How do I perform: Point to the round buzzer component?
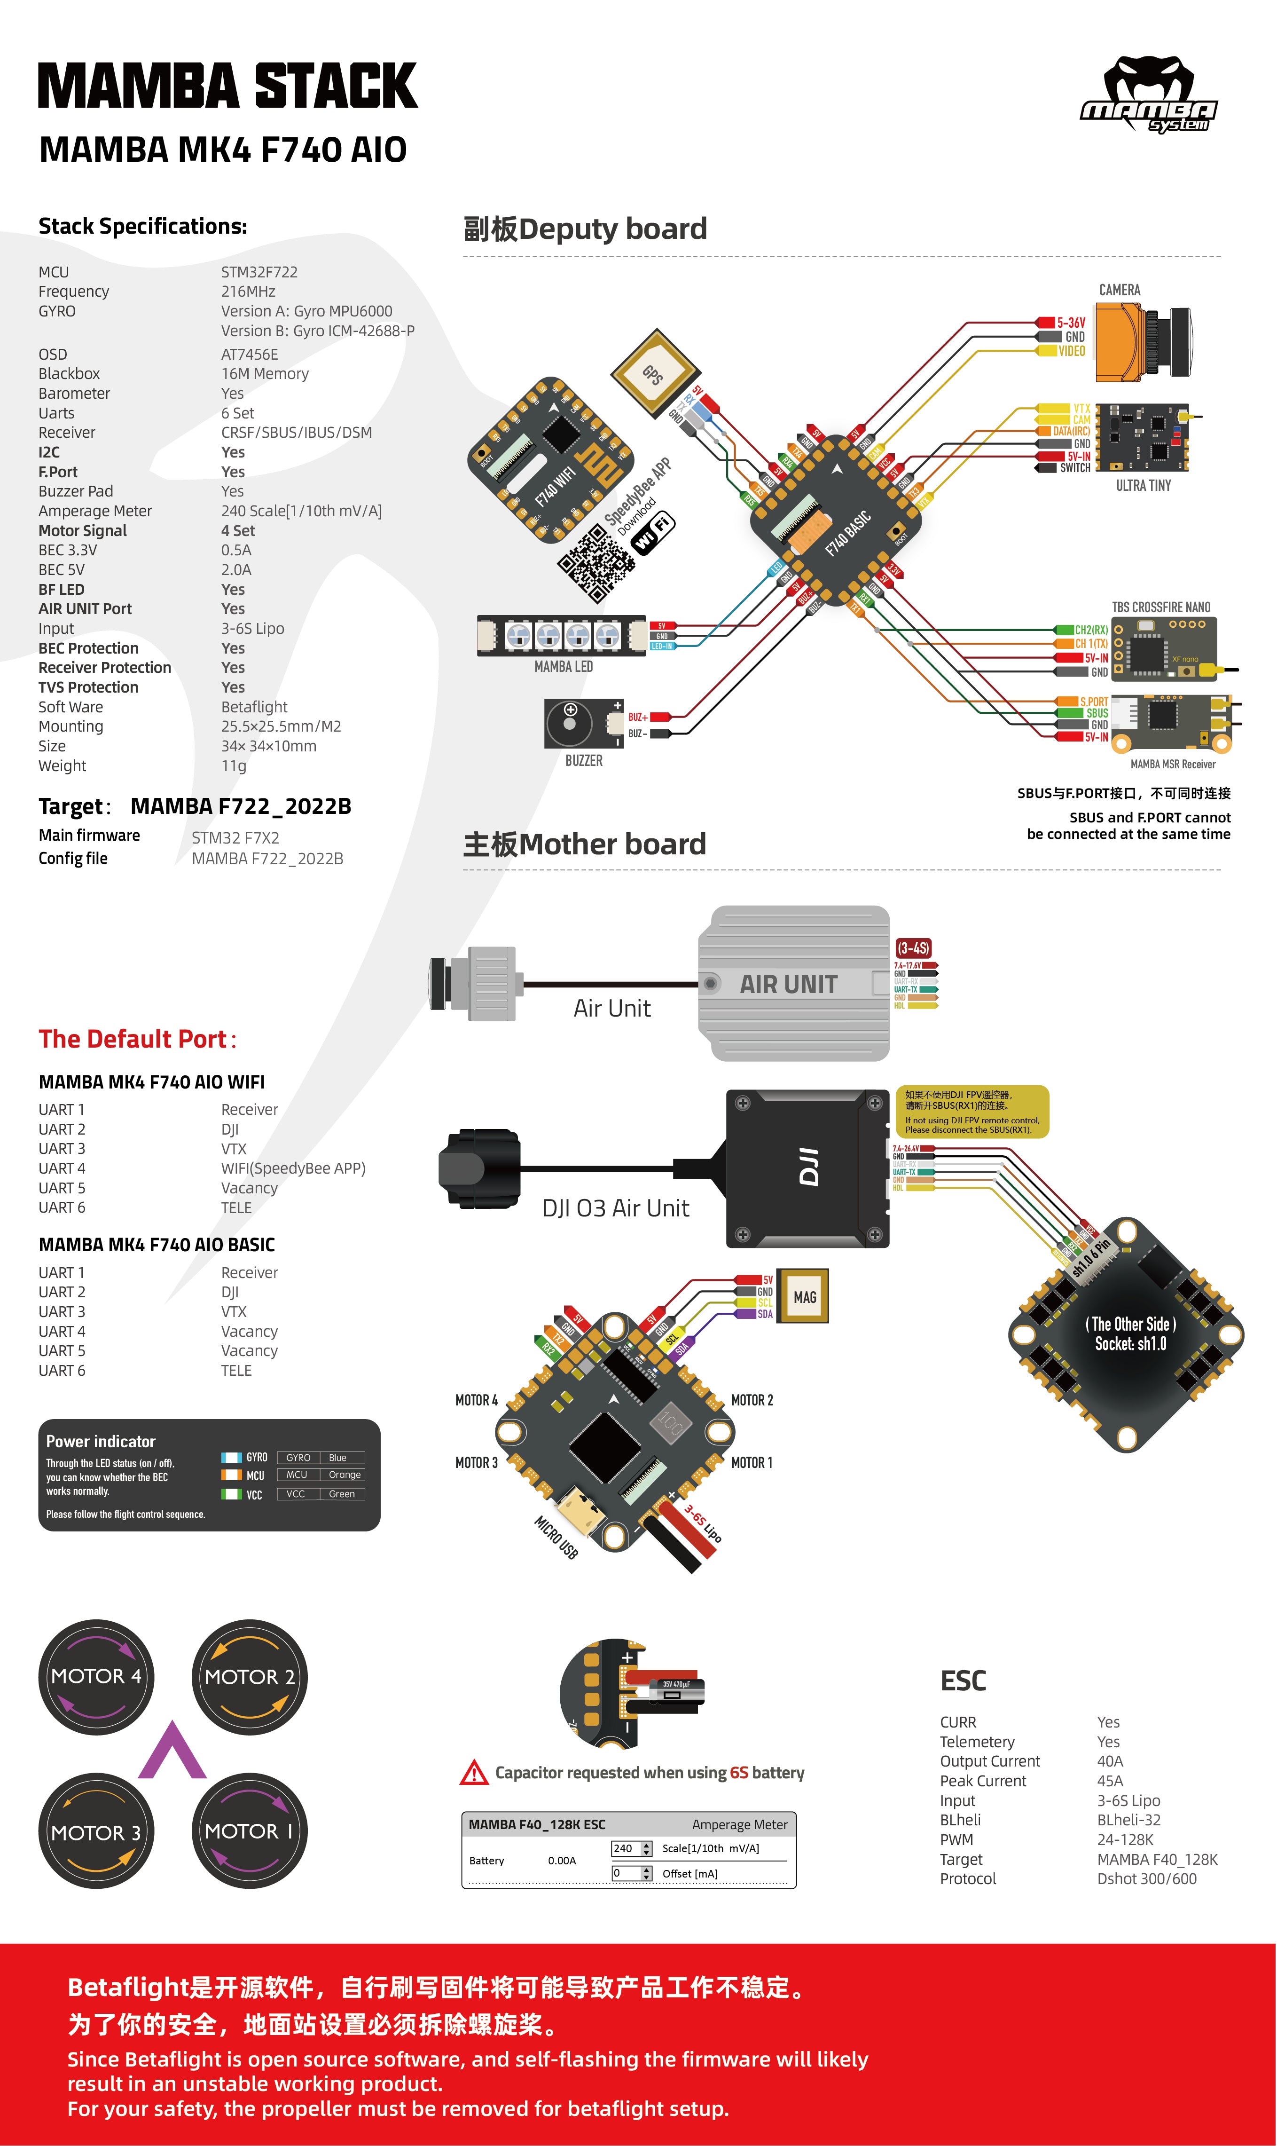pos(570,723)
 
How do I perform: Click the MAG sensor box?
pos(803,1295)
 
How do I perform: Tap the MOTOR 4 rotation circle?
pos(96,1675)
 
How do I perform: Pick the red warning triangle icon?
pos(474,1772)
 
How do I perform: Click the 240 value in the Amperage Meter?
pos(624,1848)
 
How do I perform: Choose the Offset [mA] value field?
pos(626,1873)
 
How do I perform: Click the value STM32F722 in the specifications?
pos(259,272)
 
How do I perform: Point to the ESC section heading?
pos(963,1681)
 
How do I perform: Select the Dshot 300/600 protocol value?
pos(1146,1878)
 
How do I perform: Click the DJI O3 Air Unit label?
pos(615,1208)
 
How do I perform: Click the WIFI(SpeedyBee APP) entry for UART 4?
pos(292,1168)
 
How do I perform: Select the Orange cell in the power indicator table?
pos(344,1475)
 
